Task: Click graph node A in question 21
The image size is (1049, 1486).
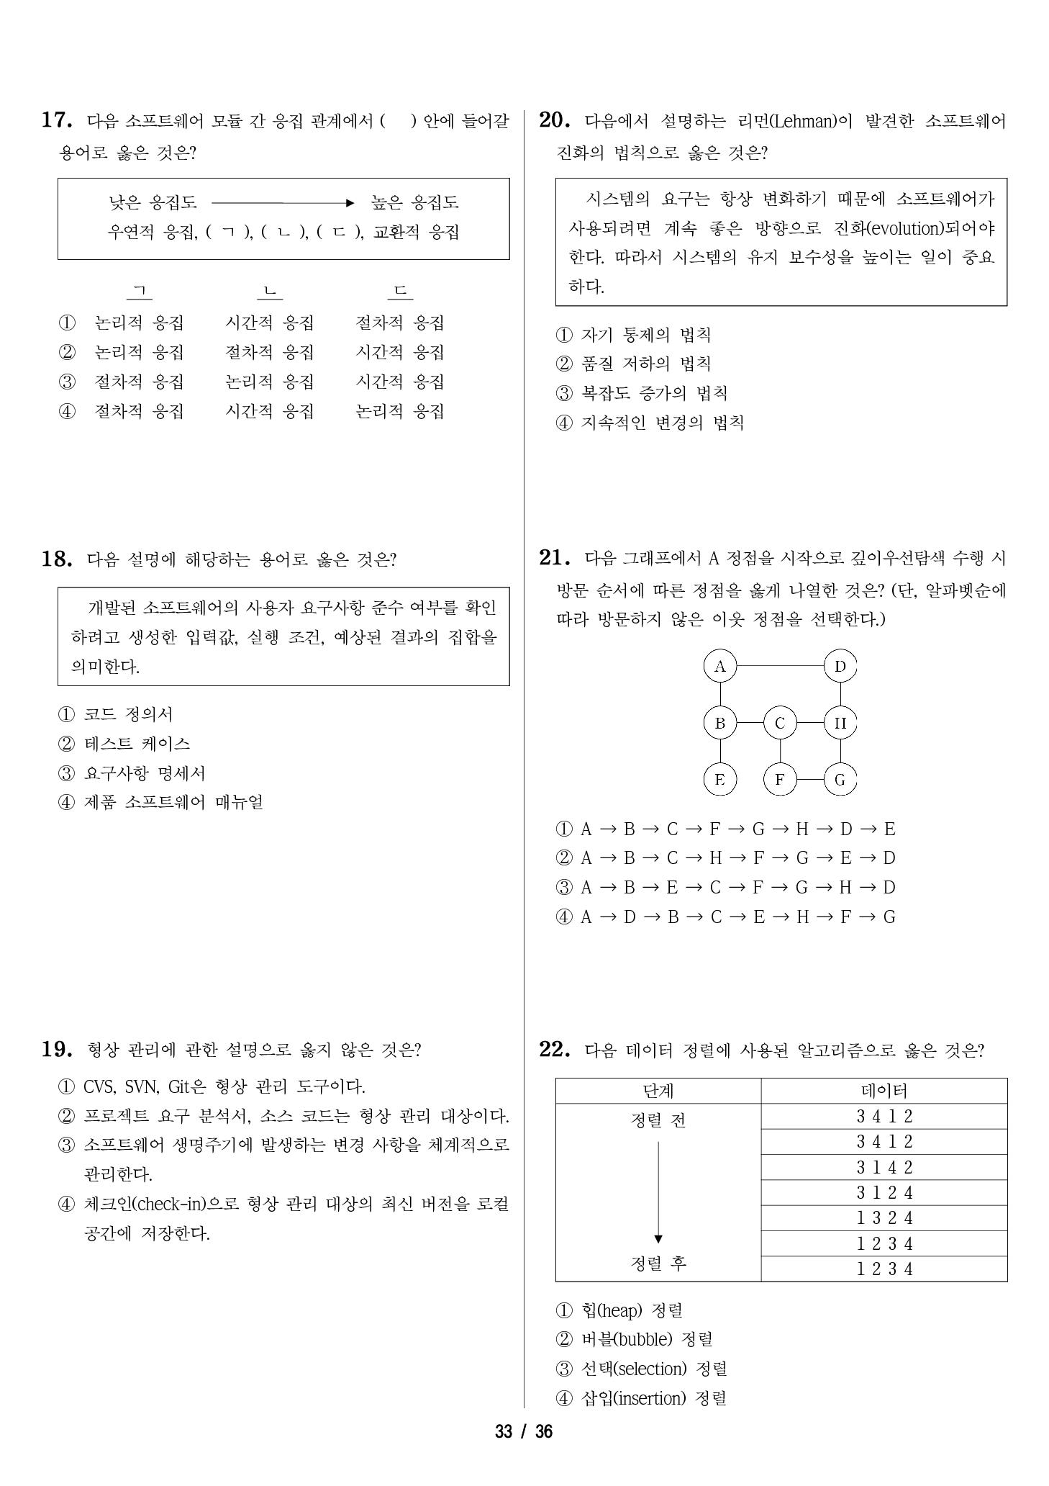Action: (x=719, y=666)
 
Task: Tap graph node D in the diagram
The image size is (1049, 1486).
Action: (x=840, y=666)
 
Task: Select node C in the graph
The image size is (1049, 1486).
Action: (x=780, y=723)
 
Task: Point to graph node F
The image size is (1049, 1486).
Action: (x=780, y=779)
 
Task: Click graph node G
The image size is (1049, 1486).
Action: (x=840, y=779)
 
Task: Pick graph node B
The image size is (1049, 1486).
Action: (x=719, y=723)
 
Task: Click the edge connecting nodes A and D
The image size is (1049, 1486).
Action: (x=780, y=666)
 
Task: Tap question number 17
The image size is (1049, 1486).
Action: (x=56, y=120)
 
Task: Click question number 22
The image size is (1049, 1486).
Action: (x=554, y=1050)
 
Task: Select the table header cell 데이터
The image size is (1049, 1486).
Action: (x=884, y=1091)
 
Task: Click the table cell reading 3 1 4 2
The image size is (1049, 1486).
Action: (x=884, y=1167)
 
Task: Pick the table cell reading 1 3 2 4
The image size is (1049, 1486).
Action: (x=884, y=1218)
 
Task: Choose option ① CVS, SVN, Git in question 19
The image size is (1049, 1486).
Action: (x=212, y=1086)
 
